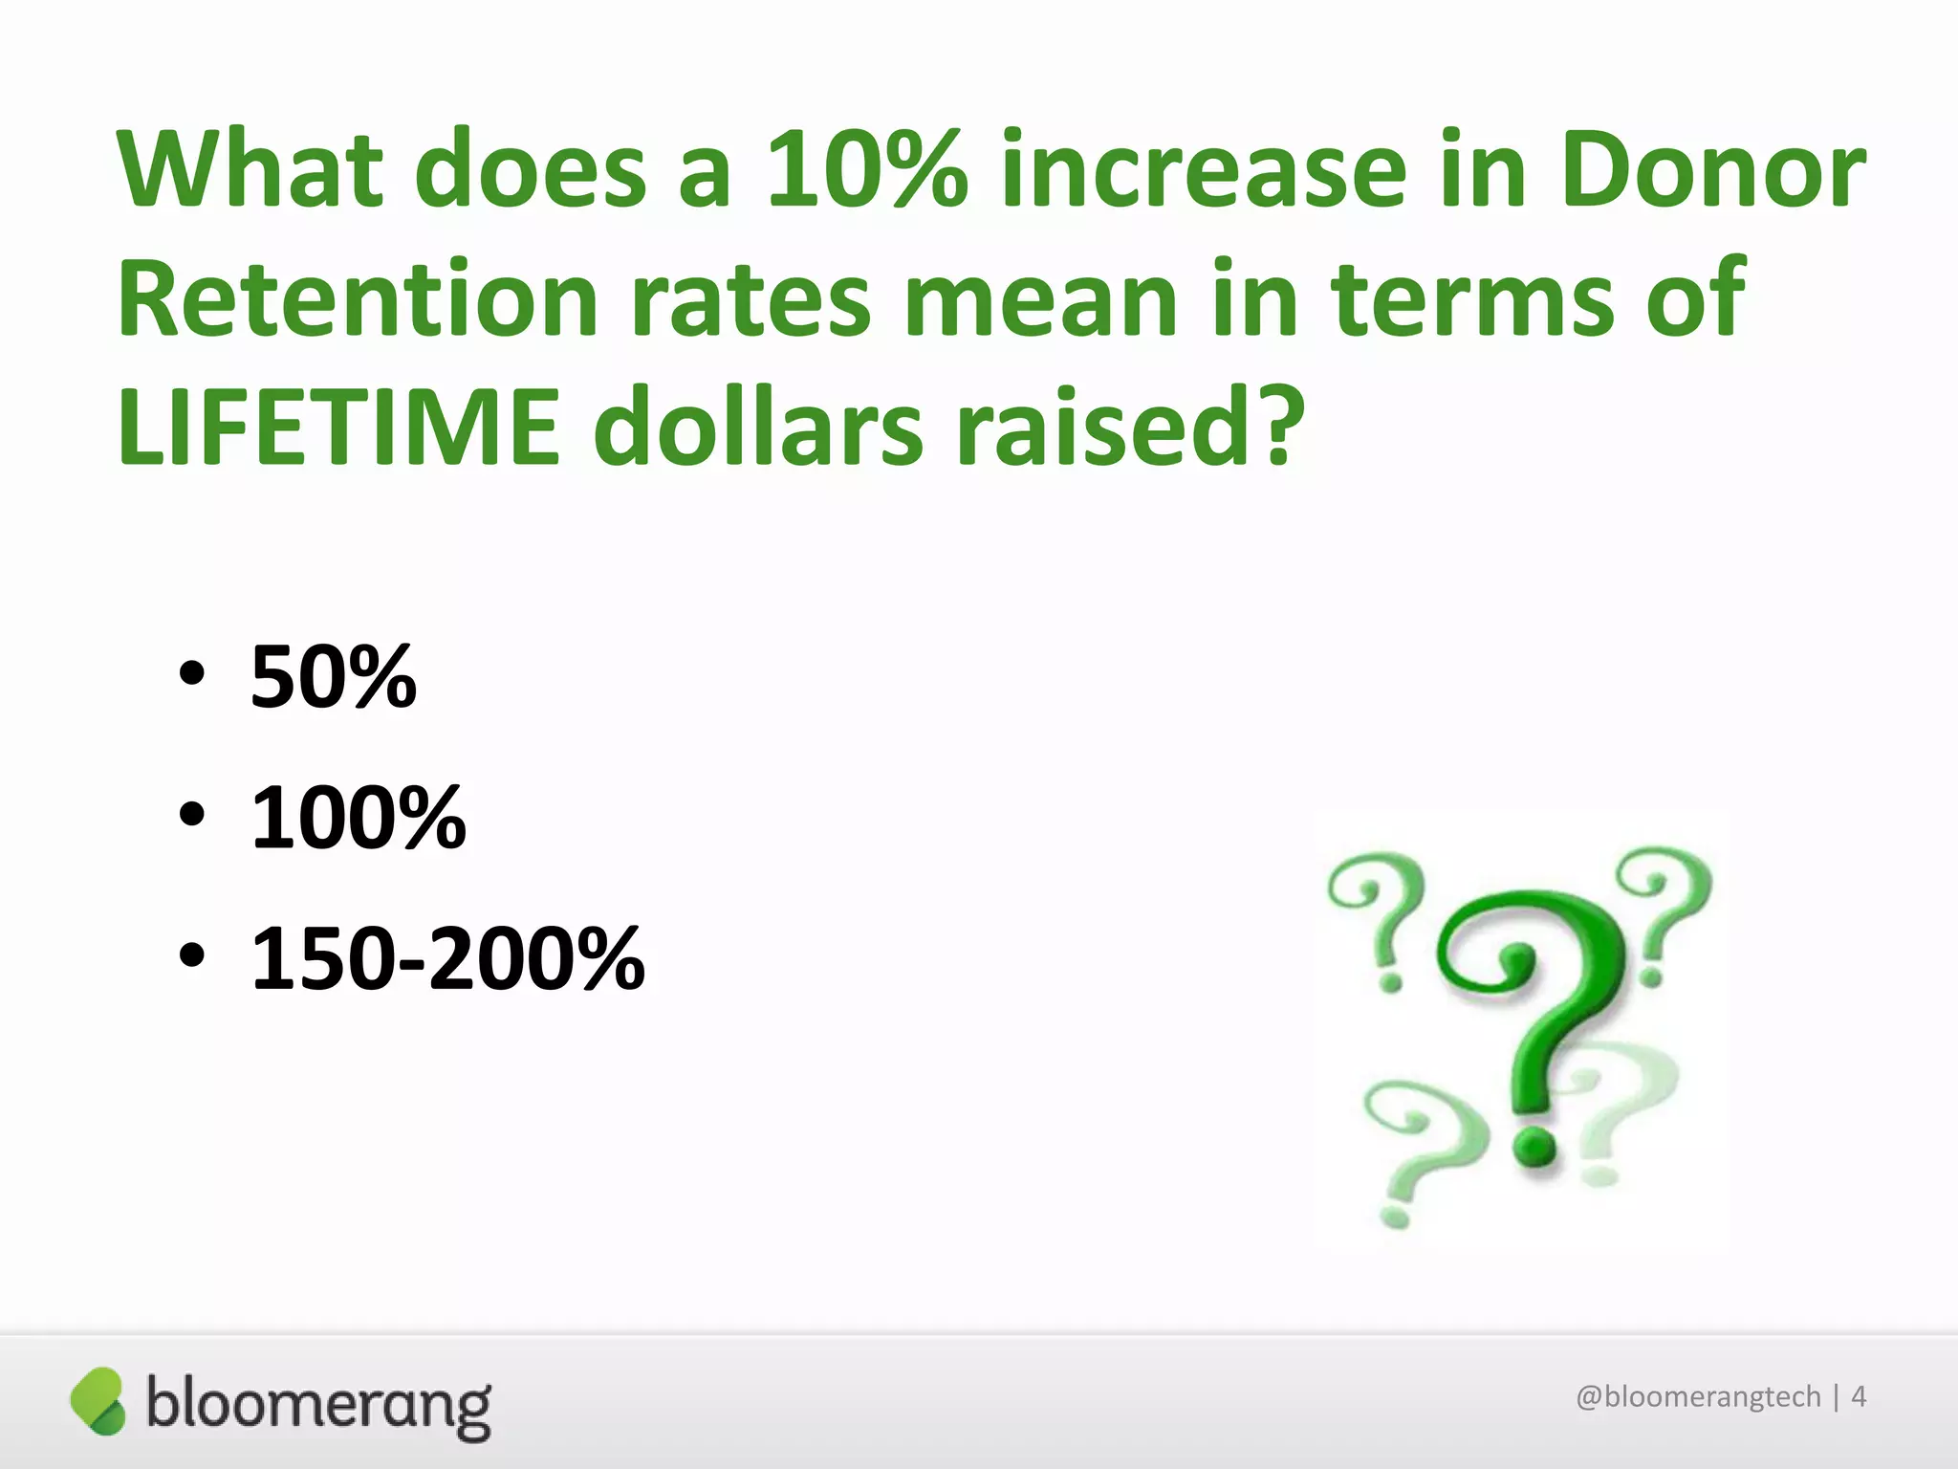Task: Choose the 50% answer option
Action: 333,677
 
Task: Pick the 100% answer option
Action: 358,818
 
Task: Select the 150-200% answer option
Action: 447,958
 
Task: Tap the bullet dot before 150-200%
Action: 191,955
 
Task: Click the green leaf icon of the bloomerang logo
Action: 98,1401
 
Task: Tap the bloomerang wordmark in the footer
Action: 318,1406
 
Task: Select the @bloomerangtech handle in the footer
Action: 1698,1397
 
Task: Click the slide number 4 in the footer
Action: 1859,1397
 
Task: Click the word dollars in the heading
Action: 758,428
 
